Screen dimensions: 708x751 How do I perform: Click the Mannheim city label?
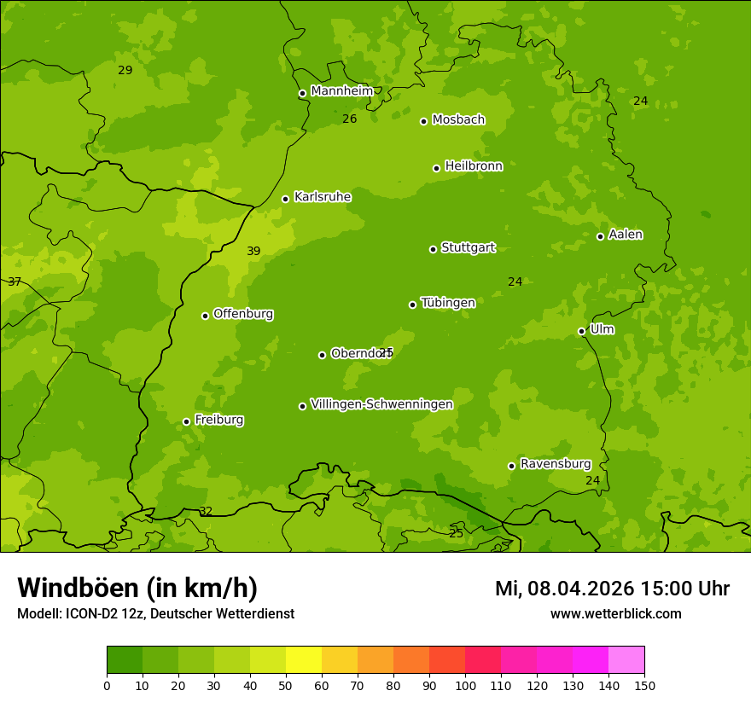[x=341, y=91]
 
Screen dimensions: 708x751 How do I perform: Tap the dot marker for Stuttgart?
[x=433, y=249]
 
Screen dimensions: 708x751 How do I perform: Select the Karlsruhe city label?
[x=322, y=197]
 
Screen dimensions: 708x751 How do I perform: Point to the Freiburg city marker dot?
[x=186, y=421]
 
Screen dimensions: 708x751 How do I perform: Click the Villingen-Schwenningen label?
[x=381, y=404]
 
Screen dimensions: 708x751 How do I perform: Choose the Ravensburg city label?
[x=555, y=464]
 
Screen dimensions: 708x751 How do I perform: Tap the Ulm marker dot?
[x=581, y=331]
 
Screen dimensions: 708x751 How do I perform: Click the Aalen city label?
[x=625, y=235]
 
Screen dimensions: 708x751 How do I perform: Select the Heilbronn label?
[x=474, y=166]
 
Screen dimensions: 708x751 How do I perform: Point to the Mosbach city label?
[x=458, y=120]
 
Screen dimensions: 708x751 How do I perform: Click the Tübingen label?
[x=447, y=303]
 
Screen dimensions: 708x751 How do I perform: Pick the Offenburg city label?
[x=243, y=314]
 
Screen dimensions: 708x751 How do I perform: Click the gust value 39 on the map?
[x=253, y=252]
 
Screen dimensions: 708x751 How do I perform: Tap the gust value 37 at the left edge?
[x=15, y=282]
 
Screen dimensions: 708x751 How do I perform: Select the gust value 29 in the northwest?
[x=125, y=71]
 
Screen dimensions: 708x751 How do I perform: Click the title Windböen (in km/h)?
[x=137, y=588]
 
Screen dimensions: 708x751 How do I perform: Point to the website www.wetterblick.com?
[x=615, y=614]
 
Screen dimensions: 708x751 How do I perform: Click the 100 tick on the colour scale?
[x=465, y=685]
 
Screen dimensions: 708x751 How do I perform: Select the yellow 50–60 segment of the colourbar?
[x=304, y=659]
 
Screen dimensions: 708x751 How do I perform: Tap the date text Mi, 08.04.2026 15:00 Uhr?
[x=612, y=589]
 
